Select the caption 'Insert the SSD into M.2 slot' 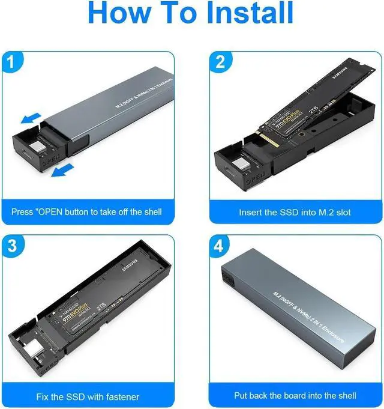click(x=295, y=212)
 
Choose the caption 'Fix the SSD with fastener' click(x=87, y=396)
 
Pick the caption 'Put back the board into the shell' click(x=295, y=396)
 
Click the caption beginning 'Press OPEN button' click(x=87, y=212)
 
